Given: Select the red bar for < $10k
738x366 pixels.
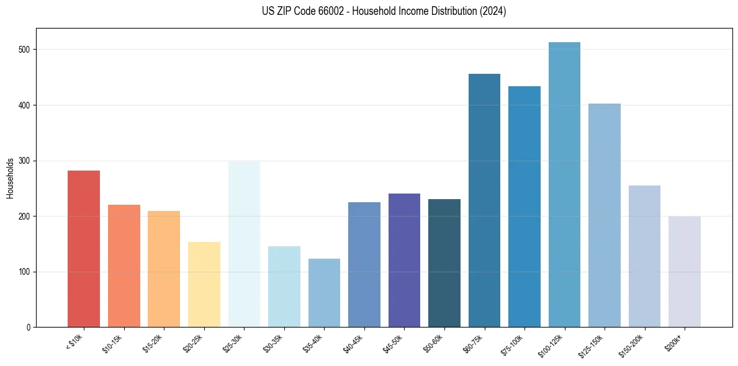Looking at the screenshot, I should (x=84, y=249).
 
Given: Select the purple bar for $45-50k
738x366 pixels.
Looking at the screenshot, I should (x=404, y=261).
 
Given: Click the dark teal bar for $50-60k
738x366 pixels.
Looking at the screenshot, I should (x=444, y=263).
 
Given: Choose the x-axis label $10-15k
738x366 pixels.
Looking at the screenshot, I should (x=113, y=343).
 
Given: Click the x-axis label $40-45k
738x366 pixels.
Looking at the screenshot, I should (x=353, y=343).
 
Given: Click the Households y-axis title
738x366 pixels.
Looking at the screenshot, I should (x=10, y=178).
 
